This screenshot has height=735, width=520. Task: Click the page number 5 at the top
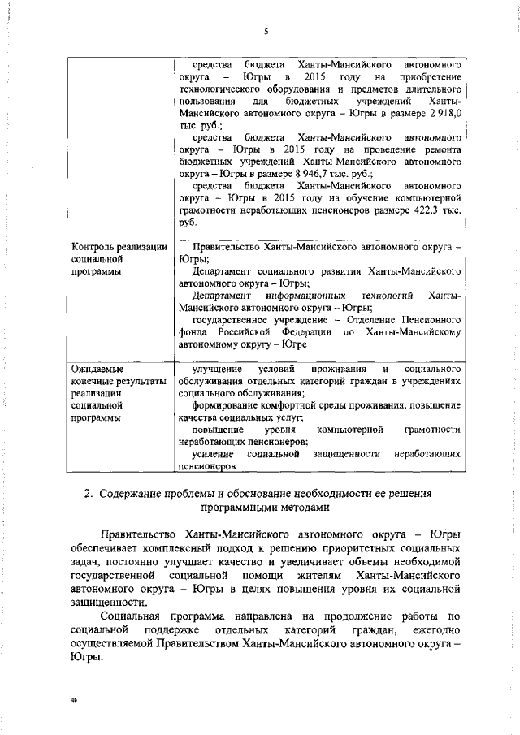coord(265,32)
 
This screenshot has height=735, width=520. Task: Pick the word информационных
coord(304,296)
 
